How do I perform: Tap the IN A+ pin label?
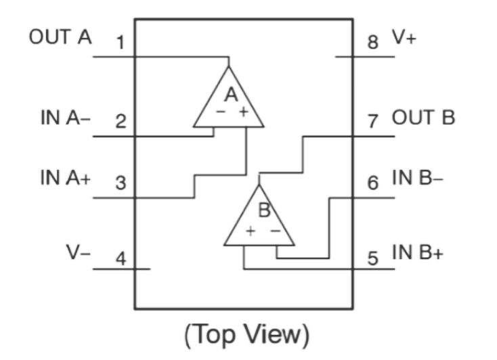point(66,178)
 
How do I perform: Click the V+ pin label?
point(405,38)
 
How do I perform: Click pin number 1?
point(120,44)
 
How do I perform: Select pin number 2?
point(120,122)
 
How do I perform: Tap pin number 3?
point(120,183)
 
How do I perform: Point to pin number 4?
point(120,259)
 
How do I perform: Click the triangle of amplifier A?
point(229,102)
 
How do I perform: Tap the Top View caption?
point(247,334)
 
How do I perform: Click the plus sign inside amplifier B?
point(251,231)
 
